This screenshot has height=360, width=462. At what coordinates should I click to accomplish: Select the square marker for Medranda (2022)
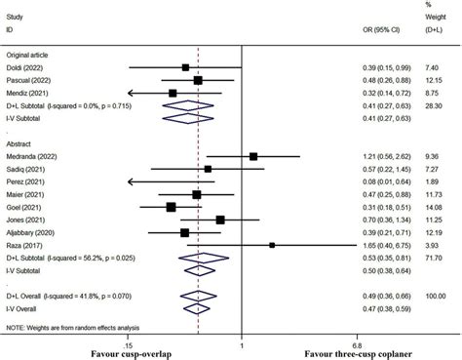click(253, 156)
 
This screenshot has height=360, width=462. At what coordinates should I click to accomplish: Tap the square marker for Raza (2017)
click(272, 245)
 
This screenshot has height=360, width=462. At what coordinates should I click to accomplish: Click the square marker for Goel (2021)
click(171, 207)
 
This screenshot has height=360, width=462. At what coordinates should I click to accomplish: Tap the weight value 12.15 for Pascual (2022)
click(435, 79)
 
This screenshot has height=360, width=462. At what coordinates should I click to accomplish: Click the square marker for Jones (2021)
click(220, 220)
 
